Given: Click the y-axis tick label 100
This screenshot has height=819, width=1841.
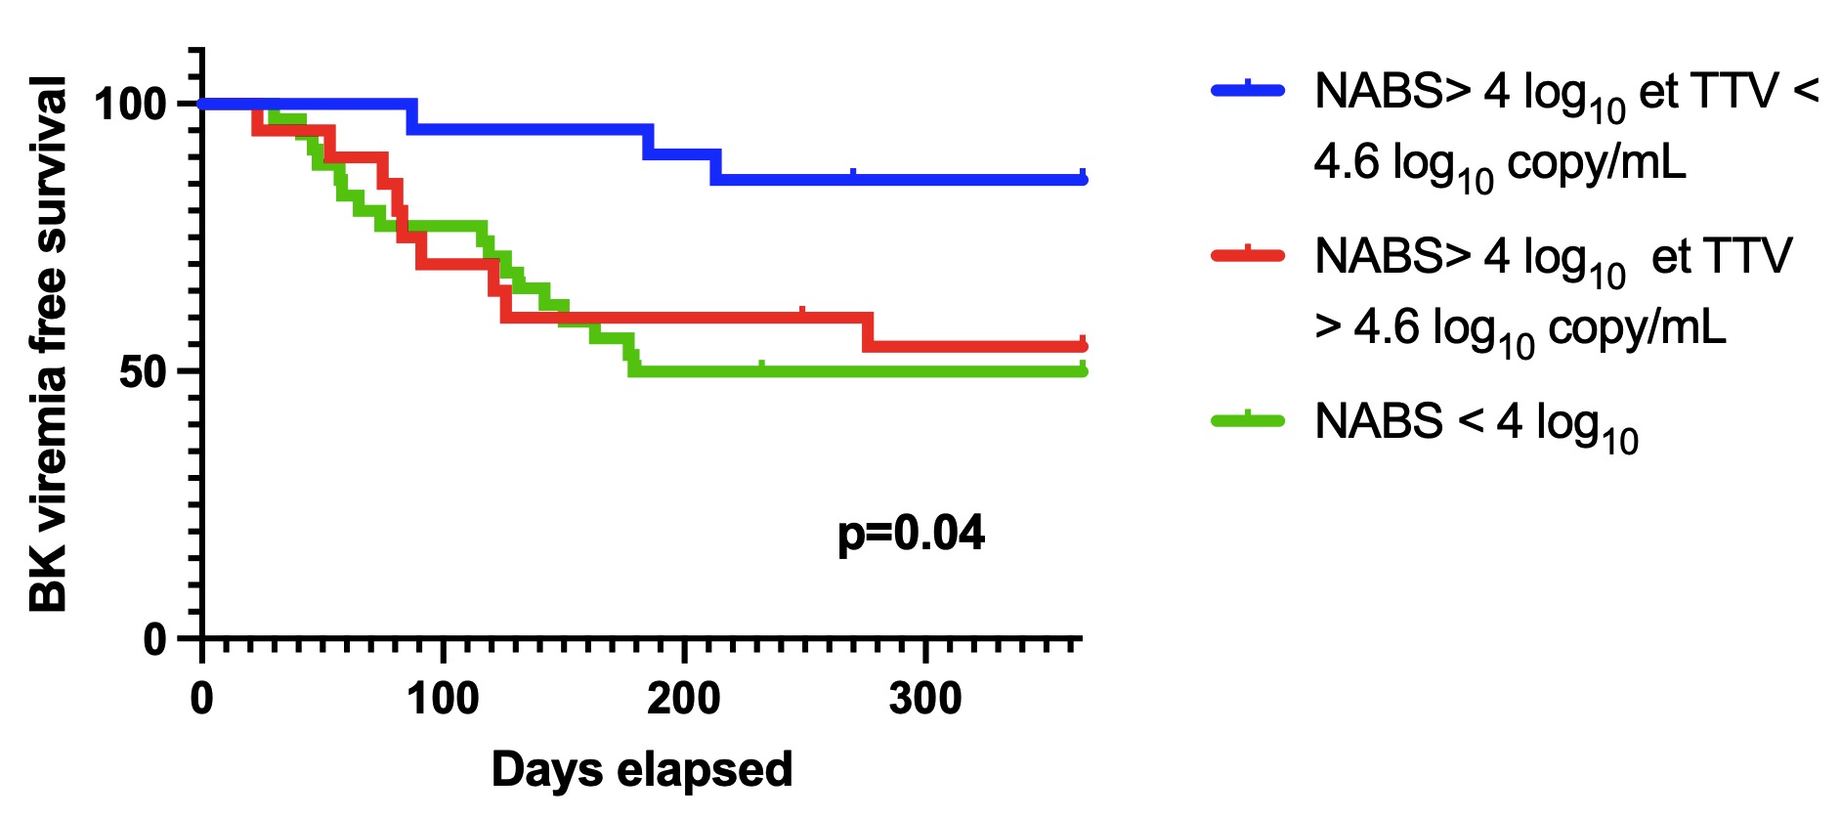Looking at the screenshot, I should click(130, 104).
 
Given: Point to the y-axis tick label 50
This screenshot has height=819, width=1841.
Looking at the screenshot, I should click(144, 372).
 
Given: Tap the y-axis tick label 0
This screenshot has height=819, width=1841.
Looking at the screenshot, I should click(155, 640).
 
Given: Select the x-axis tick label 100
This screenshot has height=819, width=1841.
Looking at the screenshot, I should click(443, 700).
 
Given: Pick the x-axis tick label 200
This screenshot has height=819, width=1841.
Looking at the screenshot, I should click(684, 700).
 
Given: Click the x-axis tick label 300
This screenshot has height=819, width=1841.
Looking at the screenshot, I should click(925, 700).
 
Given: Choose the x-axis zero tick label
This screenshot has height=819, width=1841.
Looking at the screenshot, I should click(202, 700).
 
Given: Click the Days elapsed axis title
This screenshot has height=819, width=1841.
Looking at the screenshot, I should click(642, 770).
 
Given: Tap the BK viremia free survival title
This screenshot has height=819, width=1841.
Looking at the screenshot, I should click(49, 344).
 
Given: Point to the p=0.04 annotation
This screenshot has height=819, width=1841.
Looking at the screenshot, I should click(911, 534).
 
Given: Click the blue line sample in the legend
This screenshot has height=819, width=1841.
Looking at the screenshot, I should click(1248, 91).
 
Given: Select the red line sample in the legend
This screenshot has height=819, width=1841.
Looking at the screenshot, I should click(1248, 256).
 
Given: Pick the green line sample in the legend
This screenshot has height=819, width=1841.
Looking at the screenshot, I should click(1248, 421).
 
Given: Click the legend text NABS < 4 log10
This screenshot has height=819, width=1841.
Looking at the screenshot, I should click(1476, 424).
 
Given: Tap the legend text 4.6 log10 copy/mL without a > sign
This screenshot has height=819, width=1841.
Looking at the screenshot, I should click(1500, 164).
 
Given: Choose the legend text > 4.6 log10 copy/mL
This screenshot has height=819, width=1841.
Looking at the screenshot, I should click(1520, 329).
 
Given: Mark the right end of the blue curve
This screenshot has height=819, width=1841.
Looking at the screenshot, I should click(1083, 180).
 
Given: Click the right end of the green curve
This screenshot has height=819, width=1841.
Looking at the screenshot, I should click(1083, 371).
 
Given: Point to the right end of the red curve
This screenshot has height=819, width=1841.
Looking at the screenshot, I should click(1083, 347).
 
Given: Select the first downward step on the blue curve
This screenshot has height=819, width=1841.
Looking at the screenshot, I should click(411, 115).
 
